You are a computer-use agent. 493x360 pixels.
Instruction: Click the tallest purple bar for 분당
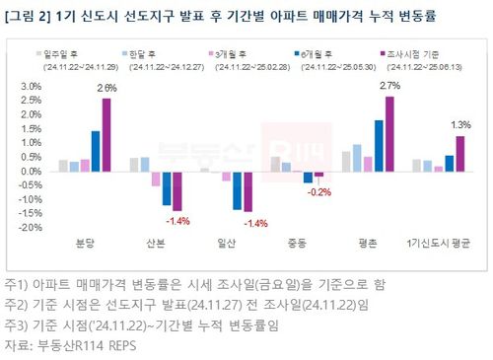click(x=106, y=134)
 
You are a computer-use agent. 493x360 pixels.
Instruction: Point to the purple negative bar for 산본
click(x=177, y=190)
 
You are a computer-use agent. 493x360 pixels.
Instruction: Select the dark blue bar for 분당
click(x=95, y=151)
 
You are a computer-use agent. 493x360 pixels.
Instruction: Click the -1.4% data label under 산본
click(x=177, y=219)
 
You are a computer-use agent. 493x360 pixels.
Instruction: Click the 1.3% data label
click(x=460, y=124)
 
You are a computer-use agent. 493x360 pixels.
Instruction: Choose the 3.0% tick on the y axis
click(x=31, y=87)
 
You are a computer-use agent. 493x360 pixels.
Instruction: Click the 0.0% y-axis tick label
click(x=31, y=171)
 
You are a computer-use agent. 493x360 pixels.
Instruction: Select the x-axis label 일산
click(x=225, y=243)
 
